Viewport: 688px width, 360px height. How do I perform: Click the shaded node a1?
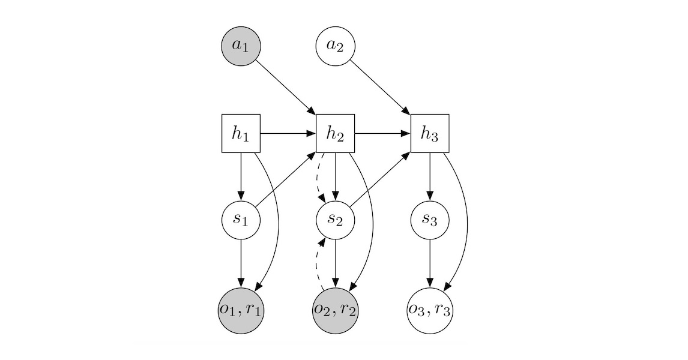point(241,46)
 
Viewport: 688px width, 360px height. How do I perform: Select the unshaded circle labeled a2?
point(335,46)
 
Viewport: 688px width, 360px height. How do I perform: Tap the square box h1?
point(241,133)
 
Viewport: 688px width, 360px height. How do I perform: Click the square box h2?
point(335,133)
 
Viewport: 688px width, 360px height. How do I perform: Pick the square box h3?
point(430,133)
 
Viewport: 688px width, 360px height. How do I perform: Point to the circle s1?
point(241,220)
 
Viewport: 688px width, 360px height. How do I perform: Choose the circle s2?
point(335,220)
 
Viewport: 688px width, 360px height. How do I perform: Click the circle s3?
point(430,220)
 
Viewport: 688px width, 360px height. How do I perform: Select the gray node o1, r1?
point(241,310)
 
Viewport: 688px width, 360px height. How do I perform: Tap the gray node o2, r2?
point(335,310)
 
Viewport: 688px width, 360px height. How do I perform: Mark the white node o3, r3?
point(430,310)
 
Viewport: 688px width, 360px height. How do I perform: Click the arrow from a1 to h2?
point(287,86)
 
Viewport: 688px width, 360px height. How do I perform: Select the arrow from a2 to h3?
point(381,86)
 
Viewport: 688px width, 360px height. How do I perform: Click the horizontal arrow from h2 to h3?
point(382,133)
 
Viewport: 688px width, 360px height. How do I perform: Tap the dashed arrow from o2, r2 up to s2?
point(317,264)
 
